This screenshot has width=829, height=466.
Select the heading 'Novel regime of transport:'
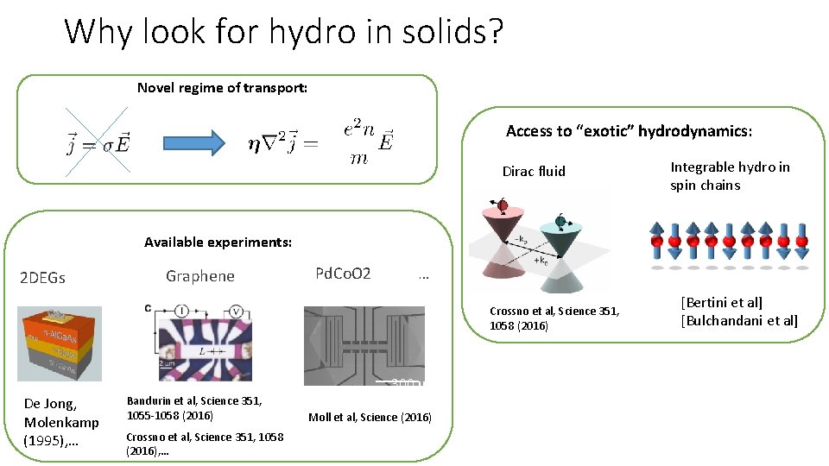coord(222,87)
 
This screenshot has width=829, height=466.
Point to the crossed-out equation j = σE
coord(96,141)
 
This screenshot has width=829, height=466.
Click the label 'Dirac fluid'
coord(534,171)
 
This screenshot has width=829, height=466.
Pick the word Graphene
coord(200,276)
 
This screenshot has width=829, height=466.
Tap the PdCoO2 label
coord(343,274)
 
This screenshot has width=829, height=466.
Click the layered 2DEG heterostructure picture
coord(60,343)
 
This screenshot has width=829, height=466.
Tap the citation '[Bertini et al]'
coord(722,303)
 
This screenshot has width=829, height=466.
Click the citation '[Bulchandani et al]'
coord(739,321)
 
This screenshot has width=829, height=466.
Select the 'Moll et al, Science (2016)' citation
coord(370,418)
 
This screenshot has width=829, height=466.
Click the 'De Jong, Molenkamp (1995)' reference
coord(61,422)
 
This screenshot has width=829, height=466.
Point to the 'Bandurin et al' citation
coord(194,407)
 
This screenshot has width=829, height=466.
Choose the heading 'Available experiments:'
coord(218,242)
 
